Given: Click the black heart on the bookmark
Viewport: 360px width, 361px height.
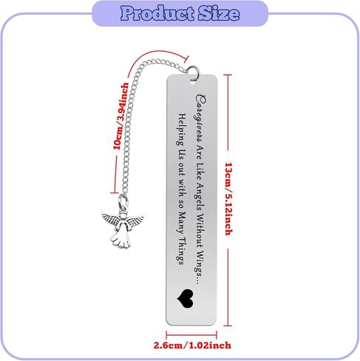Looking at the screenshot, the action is pos(186,299).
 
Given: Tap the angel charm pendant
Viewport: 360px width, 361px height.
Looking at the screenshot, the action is pos(122,223).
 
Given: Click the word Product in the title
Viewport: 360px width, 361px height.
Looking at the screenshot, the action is pos(157,13).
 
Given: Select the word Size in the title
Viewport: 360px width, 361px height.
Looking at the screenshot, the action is pos(219,13).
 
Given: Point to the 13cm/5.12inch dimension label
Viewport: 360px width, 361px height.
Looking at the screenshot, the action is pos(228,199).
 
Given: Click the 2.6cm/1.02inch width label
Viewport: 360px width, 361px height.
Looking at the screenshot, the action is pos(192,345).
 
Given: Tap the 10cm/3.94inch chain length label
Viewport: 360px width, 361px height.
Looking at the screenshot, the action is pos(120,116).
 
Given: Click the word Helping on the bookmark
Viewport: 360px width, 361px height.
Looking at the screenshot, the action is pos(183,129).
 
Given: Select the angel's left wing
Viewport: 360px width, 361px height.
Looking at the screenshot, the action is pos(110,217).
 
